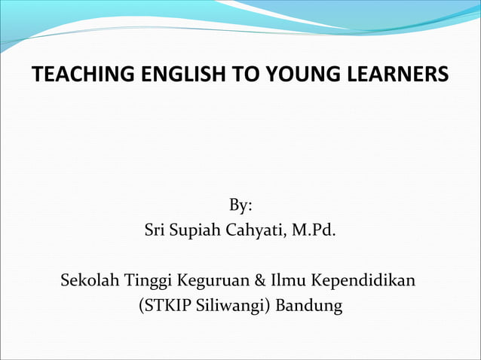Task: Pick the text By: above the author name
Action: pos(240,205)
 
